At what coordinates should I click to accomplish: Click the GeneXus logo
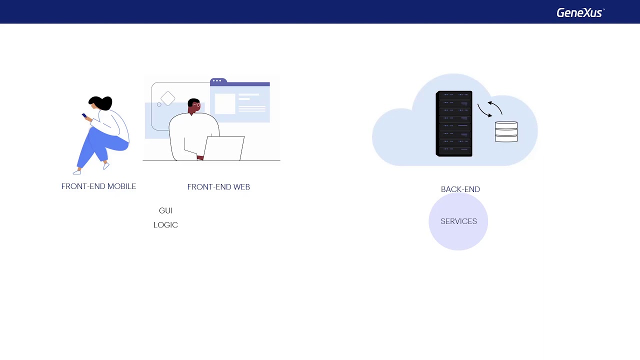580,12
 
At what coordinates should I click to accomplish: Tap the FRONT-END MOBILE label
98,186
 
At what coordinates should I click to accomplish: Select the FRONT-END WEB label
218,187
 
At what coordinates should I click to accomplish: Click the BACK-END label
460,189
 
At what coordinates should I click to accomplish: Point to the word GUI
165,211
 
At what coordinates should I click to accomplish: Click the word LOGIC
165,225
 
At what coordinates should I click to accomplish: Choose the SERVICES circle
458,221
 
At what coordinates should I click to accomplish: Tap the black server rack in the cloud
454,123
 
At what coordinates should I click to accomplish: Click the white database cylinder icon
506,131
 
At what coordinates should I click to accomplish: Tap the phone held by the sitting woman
84,116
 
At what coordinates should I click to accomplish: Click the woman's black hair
101,102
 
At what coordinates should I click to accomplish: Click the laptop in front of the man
224,148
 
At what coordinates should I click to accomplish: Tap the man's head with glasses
194,105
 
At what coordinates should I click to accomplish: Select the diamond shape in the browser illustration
168,98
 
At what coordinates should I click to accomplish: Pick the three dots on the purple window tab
217,80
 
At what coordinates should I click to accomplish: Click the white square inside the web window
225,104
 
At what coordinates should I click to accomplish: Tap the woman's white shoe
76,172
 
